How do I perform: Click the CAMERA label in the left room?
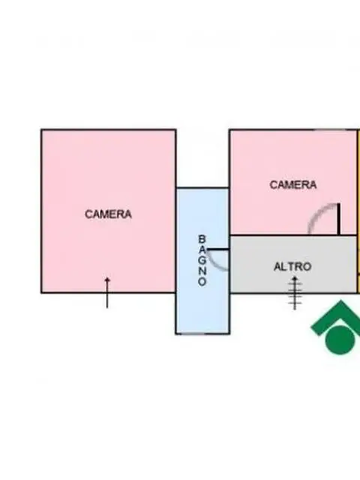pos(108,214)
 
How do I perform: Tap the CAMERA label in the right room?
pos(293,184)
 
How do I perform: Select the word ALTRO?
pos(292,267)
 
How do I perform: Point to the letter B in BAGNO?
pos(202,238)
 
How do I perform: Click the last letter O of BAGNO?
pos(202,282)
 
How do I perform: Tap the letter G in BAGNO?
pos(202,260)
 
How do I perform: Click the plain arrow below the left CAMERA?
pos(107,292)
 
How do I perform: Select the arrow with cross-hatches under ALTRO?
pos(295,293)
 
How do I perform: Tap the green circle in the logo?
pos(340,340)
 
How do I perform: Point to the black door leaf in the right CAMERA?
pos(338,219)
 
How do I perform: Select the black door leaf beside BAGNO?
pos(218,250)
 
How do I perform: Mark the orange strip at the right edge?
pos(358,211)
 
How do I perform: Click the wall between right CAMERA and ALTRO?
pos(293,235)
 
